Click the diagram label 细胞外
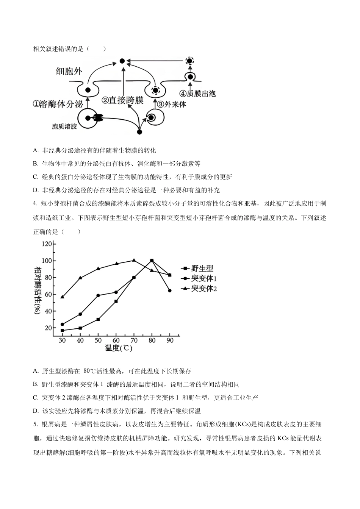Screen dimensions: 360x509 coord(69,71)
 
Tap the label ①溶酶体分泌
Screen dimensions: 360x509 coord(58,104)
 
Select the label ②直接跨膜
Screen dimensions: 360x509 coord(122,100)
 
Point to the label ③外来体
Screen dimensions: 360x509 coord(171,104)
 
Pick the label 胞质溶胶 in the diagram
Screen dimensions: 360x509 coord(64,127)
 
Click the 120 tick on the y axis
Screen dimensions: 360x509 coord(47,244)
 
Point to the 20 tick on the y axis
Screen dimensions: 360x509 coord(48,328)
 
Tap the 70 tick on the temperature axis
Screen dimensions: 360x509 coord(134,340)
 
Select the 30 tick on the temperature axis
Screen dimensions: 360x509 coord(62,340)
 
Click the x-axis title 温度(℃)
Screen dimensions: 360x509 coord(119,348)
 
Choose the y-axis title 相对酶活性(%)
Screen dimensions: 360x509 coord(38,290)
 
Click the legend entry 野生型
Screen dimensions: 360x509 coord(202,269)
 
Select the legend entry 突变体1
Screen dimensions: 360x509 coord(203,278)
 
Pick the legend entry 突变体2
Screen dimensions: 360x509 coord(203,289)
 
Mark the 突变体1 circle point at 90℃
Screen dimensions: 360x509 coord(169,290)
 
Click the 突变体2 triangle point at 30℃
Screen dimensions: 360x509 coord(62,297)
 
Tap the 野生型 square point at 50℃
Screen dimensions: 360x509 coord(98,319)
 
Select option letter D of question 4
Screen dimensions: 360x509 coord(36,411)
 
